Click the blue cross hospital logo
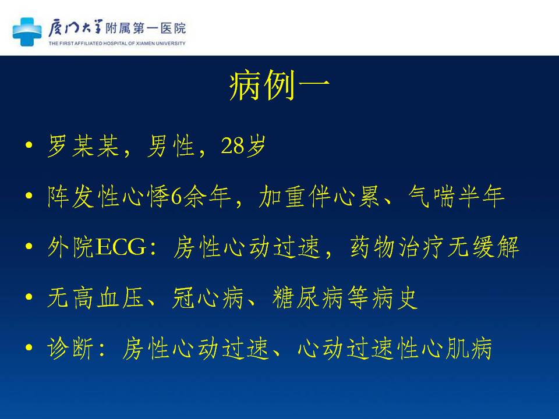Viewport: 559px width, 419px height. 27,31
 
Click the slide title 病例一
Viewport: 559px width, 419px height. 279,86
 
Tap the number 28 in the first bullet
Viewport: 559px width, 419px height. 232,145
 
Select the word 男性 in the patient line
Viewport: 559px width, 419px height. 171,145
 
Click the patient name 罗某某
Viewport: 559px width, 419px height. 83,145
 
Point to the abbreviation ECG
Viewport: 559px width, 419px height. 121,247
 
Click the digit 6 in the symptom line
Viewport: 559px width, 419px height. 176,197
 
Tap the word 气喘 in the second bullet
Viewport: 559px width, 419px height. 431,196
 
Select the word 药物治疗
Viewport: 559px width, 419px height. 397,247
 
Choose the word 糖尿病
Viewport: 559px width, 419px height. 307,297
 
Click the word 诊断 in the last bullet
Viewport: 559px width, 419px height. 70,348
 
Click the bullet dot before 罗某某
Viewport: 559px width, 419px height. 29,145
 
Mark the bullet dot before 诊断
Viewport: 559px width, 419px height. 29,347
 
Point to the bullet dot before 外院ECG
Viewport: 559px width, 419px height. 29,246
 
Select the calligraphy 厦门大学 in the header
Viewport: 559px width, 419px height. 75,29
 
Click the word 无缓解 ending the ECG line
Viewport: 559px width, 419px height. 483,247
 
